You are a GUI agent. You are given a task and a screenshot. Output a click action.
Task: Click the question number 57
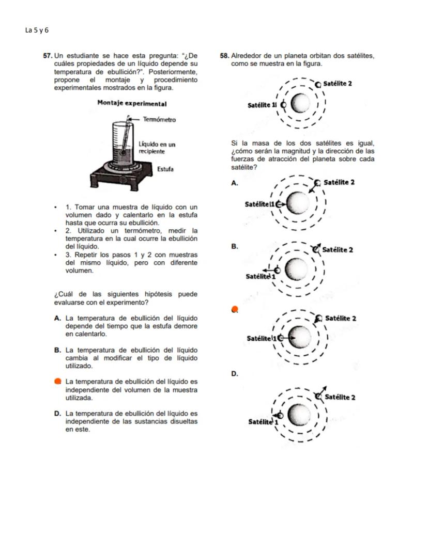coord(48,55)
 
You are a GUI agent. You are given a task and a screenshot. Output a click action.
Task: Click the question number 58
coord(224,55)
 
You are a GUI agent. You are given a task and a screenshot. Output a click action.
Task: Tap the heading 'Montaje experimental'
coord(132,103)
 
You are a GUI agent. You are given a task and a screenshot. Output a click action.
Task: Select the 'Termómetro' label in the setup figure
coord(159,120)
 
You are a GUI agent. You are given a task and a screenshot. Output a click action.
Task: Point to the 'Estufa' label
coord(165,169)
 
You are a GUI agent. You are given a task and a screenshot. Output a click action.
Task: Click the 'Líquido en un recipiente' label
coord(157,148)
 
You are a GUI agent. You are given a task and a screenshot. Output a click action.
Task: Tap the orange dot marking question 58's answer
coord(235,310)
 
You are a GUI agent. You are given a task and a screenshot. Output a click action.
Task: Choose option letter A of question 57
coord(57,319)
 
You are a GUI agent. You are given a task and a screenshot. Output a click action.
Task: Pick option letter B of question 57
coord(57,350)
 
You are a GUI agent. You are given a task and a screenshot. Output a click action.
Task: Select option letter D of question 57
coord(57,414)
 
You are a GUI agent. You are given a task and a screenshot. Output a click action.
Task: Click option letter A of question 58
coord(234,183)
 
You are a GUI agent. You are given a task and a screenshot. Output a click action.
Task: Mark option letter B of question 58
coord(234,247)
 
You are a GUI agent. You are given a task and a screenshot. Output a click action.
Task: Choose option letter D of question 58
coord(234,374)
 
